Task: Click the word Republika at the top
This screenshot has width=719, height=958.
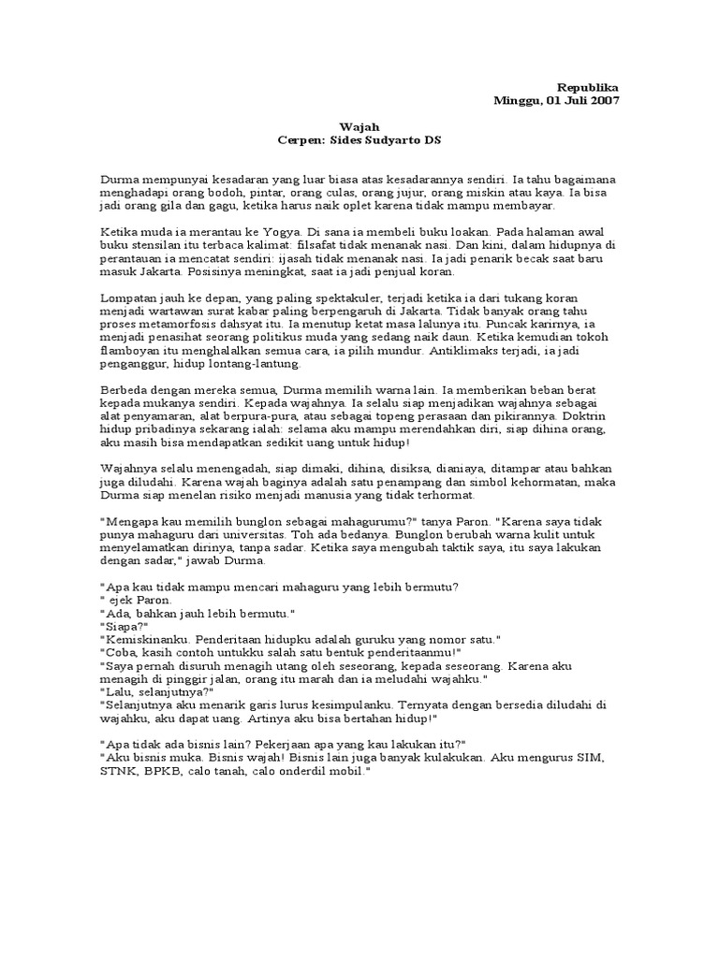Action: (589, 85)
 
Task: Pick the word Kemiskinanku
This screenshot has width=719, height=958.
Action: (140, 640)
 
